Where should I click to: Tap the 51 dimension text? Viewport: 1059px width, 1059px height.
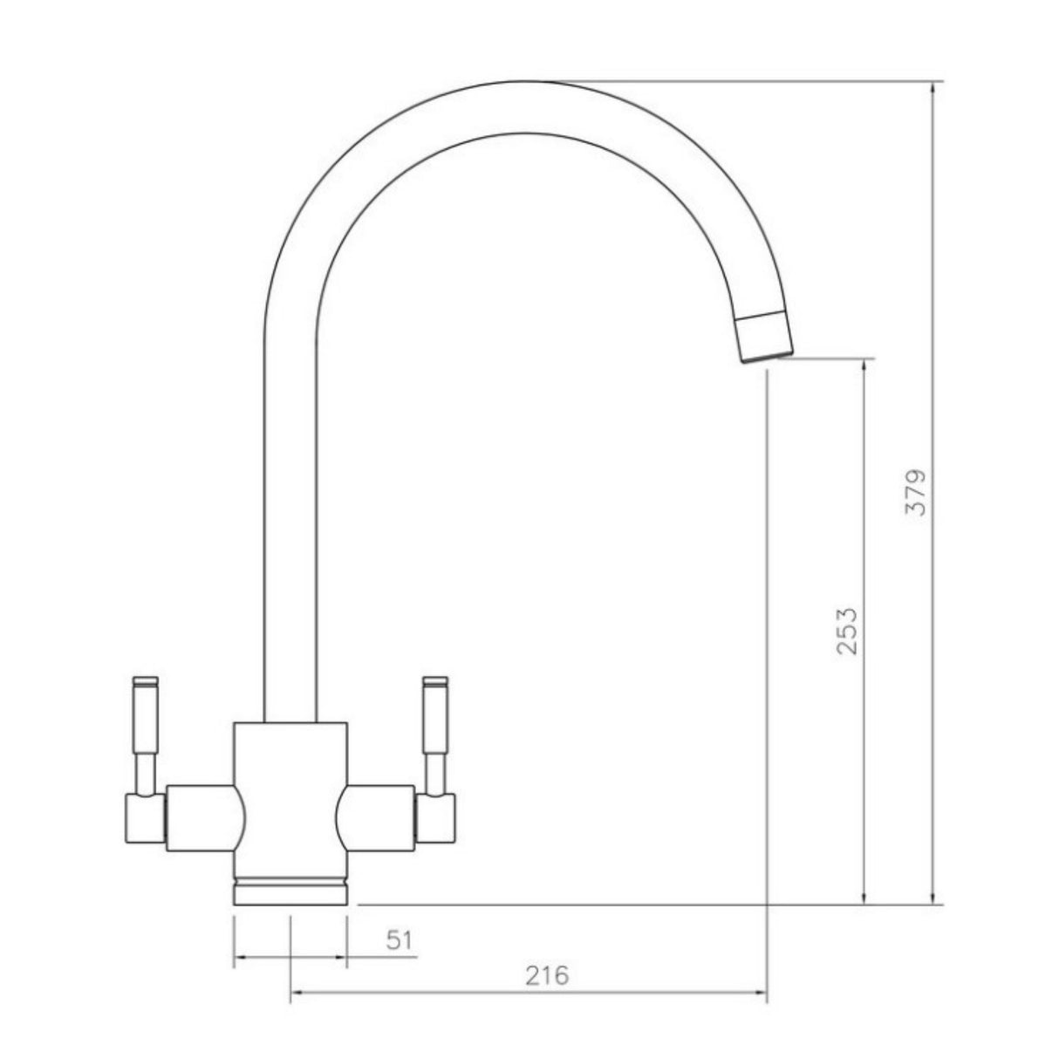point(399,940)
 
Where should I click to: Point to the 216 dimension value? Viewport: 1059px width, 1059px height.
point(547,975)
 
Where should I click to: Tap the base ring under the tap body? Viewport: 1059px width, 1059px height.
point(290,895)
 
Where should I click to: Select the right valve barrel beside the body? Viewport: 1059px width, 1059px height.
point(378,816)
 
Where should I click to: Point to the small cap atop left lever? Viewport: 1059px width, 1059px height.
point(145,680)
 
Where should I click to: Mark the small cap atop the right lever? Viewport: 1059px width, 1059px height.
point(434,680)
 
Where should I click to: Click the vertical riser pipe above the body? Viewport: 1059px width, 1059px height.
point(290,523)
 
